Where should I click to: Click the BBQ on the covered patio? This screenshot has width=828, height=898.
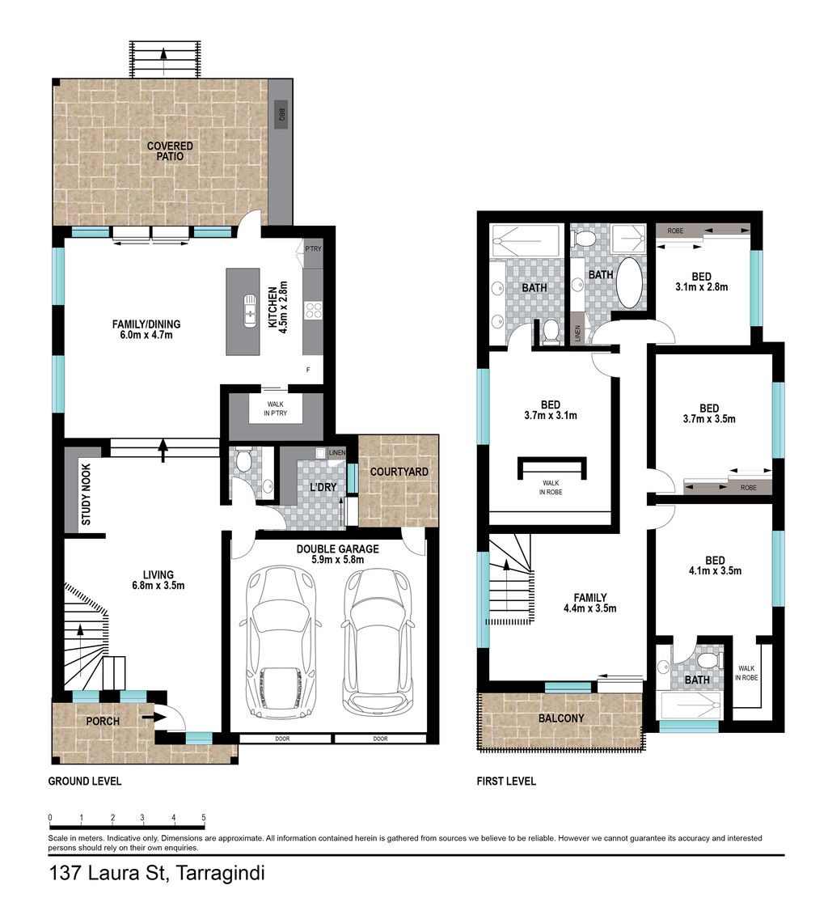[281, 114]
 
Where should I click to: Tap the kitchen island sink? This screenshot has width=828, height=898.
[250, 311]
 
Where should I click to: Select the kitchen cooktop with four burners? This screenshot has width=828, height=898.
[313, 311]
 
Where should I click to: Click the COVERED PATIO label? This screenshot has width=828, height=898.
[170, 151]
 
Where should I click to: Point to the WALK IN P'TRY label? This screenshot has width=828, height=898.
[275, 409]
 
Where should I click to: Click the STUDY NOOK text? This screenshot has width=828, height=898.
[86, 495]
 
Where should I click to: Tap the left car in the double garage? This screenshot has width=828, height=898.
[280, 638]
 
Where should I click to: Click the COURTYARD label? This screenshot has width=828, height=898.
[399, 472]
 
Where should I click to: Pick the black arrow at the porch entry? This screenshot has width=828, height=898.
[150, 716]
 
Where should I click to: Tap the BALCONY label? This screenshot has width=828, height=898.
[561, 718]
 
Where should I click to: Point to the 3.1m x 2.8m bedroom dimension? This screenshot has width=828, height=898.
[702, 287]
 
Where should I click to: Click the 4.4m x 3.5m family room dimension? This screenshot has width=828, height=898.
[590, 608]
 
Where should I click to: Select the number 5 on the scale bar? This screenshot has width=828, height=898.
[203, 817]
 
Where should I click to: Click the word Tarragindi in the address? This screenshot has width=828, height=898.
[220, 874]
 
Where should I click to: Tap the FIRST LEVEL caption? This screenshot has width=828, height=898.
[506, 782]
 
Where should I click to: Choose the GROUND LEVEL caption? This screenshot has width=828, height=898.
[85, 782]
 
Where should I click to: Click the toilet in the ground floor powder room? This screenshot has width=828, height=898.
[243, 460]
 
